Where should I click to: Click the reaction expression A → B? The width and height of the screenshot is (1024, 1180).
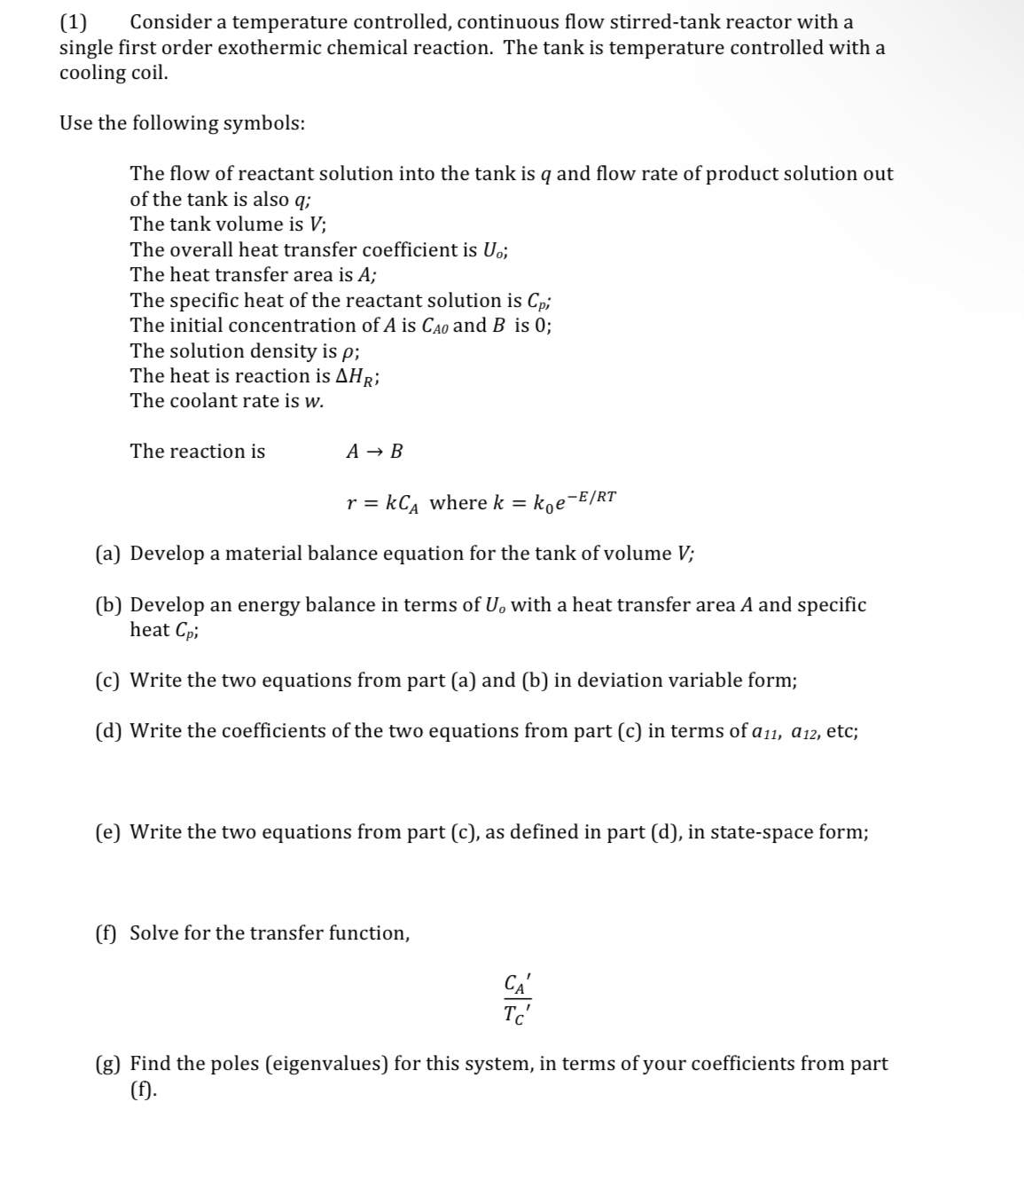point(374,452)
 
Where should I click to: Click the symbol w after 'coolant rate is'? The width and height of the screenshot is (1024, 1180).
point(314,402)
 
